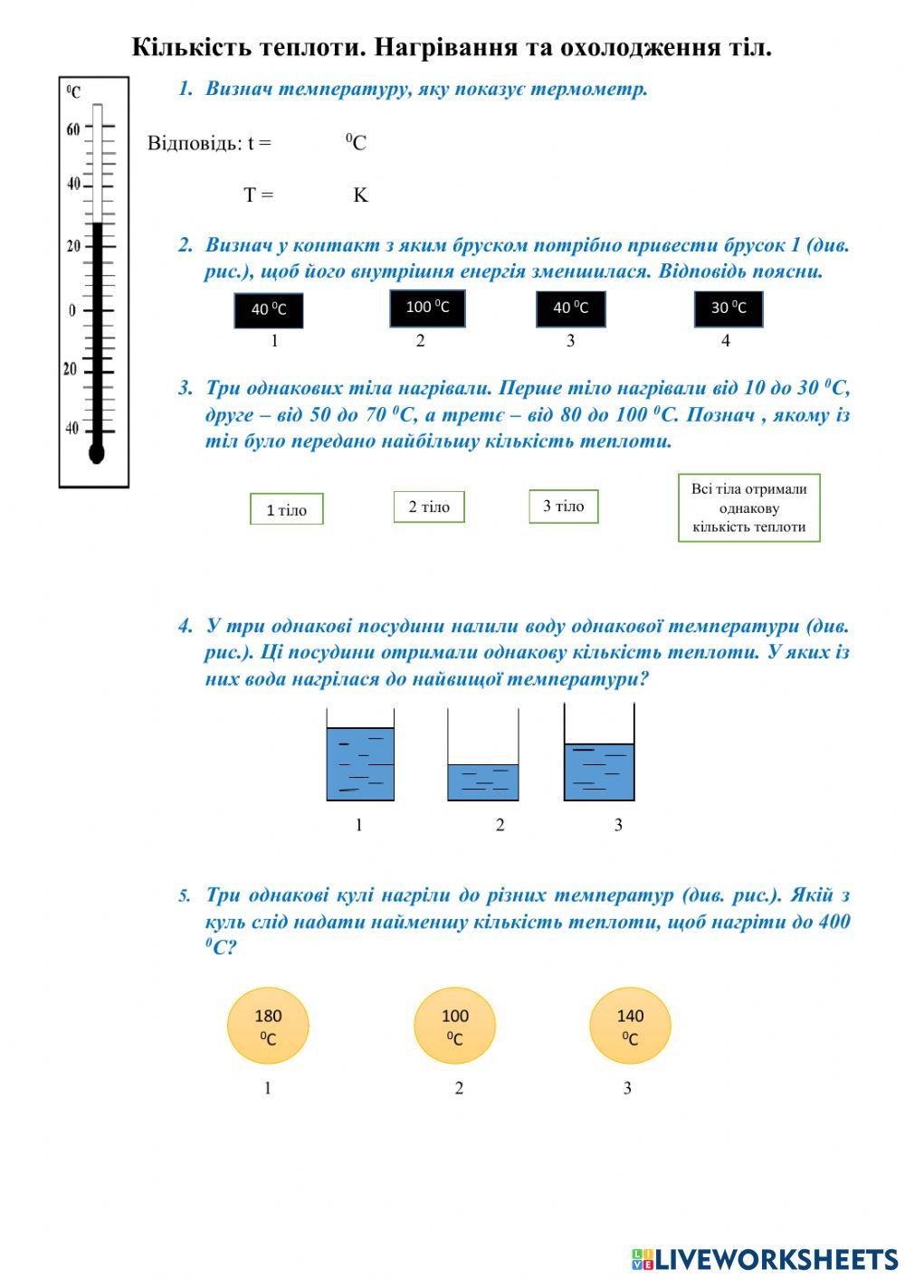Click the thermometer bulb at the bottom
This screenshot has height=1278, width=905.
(97, 452)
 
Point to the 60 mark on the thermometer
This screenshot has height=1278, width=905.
(73, 129)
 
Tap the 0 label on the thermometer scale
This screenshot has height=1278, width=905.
(72, 310)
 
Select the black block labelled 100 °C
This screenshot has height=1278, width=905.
(427, 308)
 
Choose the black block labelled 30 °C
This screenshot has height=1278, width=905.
(728, 308)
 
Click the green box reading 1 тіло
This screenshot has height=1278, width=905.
(286, 509)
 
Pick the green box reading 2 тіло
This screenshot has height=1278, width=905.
(429, 506)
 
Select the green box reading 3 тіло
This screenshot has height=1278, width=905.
(563, 506)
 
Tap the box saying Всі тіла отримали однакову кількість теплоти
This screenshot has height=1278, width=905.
(748, 507)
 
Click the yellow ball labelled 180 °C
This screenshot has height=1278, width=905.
(268, 1026)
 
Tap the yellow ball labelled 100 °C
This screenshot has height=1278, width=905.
(454, 1026)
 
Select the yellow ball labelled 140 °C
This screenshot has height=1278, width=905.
(630, 1026)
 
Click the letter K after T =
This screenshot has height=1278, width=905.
(360, 195)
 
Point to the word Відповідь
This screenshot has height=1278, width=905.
(194, 143)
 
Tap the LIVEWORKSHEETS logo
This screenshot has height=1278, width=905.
(764, 1259)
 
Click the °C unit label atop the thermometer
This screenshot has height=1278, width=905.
(74, 91)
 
